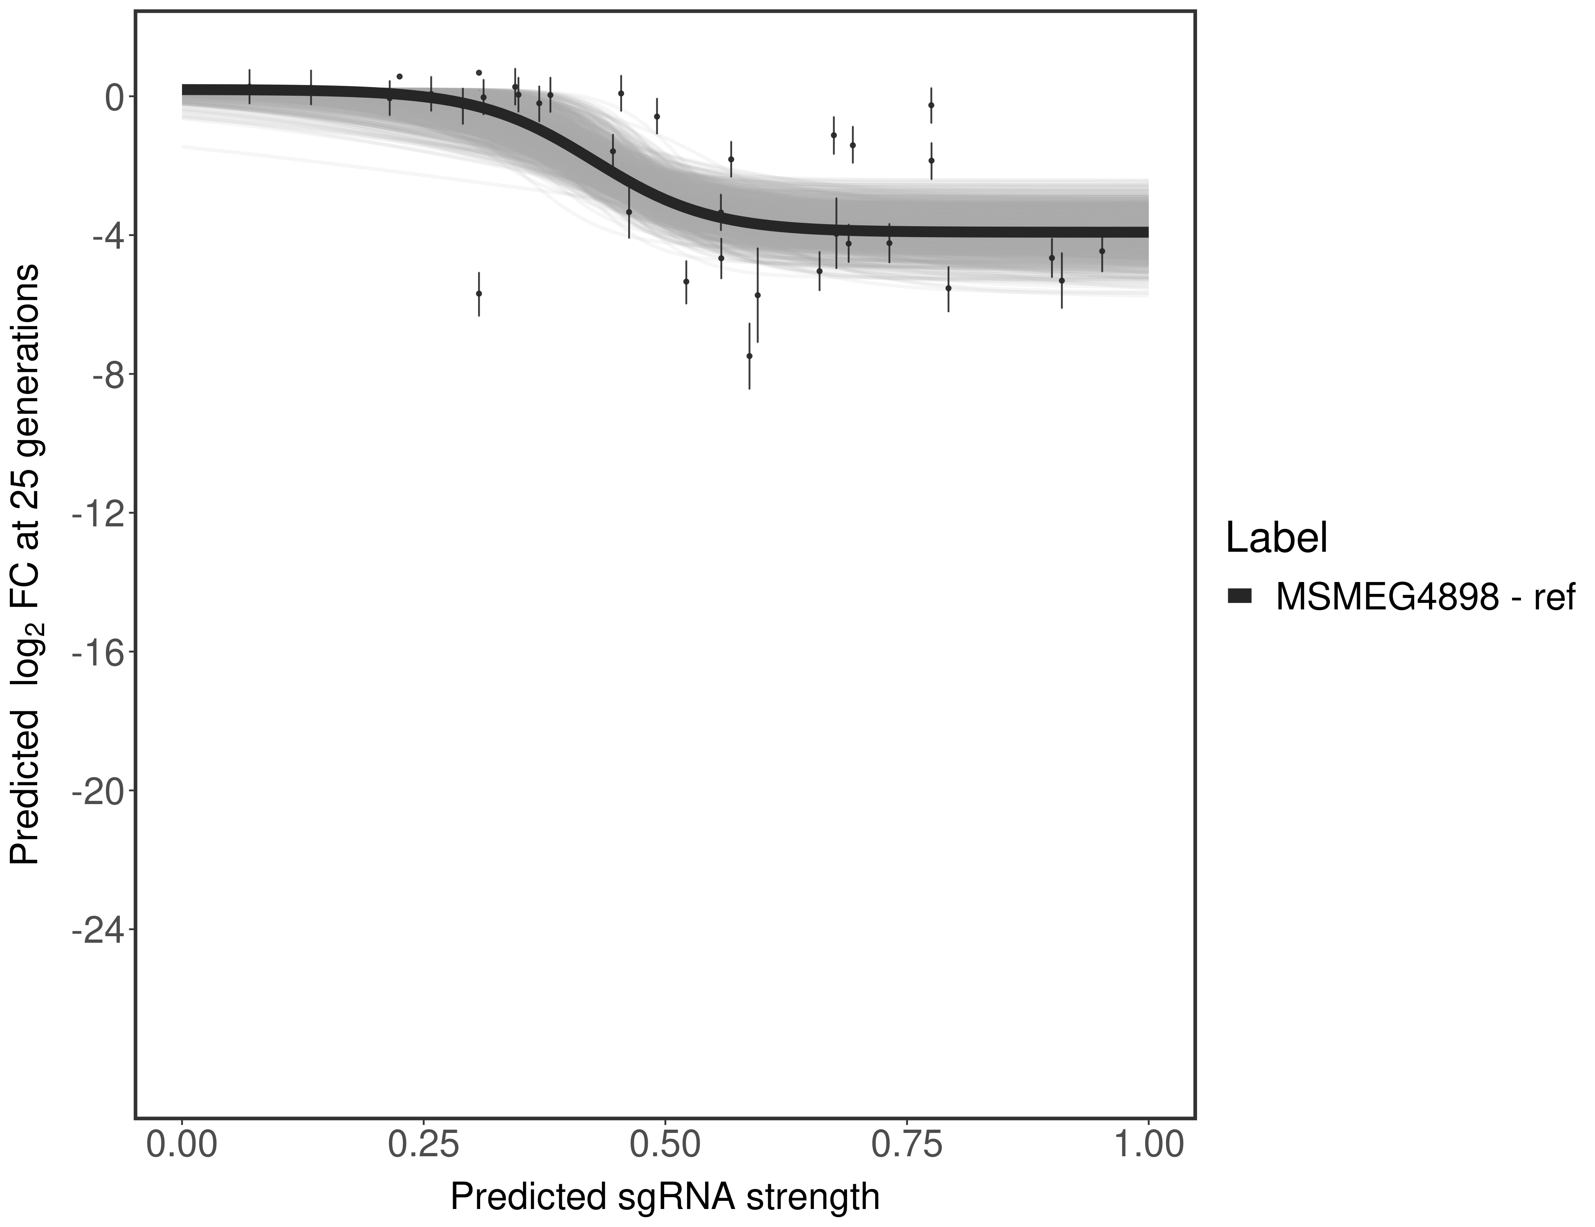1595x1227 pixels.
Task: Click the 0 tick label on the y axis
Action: click(113, 97)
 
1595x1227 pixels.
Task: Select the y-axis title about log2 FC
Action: click(25, 564)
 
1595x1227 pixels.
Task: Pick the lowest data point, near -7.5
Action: click(749, 356)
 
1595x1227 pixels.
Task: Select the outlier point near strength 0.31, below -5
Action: click(479, 294)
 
